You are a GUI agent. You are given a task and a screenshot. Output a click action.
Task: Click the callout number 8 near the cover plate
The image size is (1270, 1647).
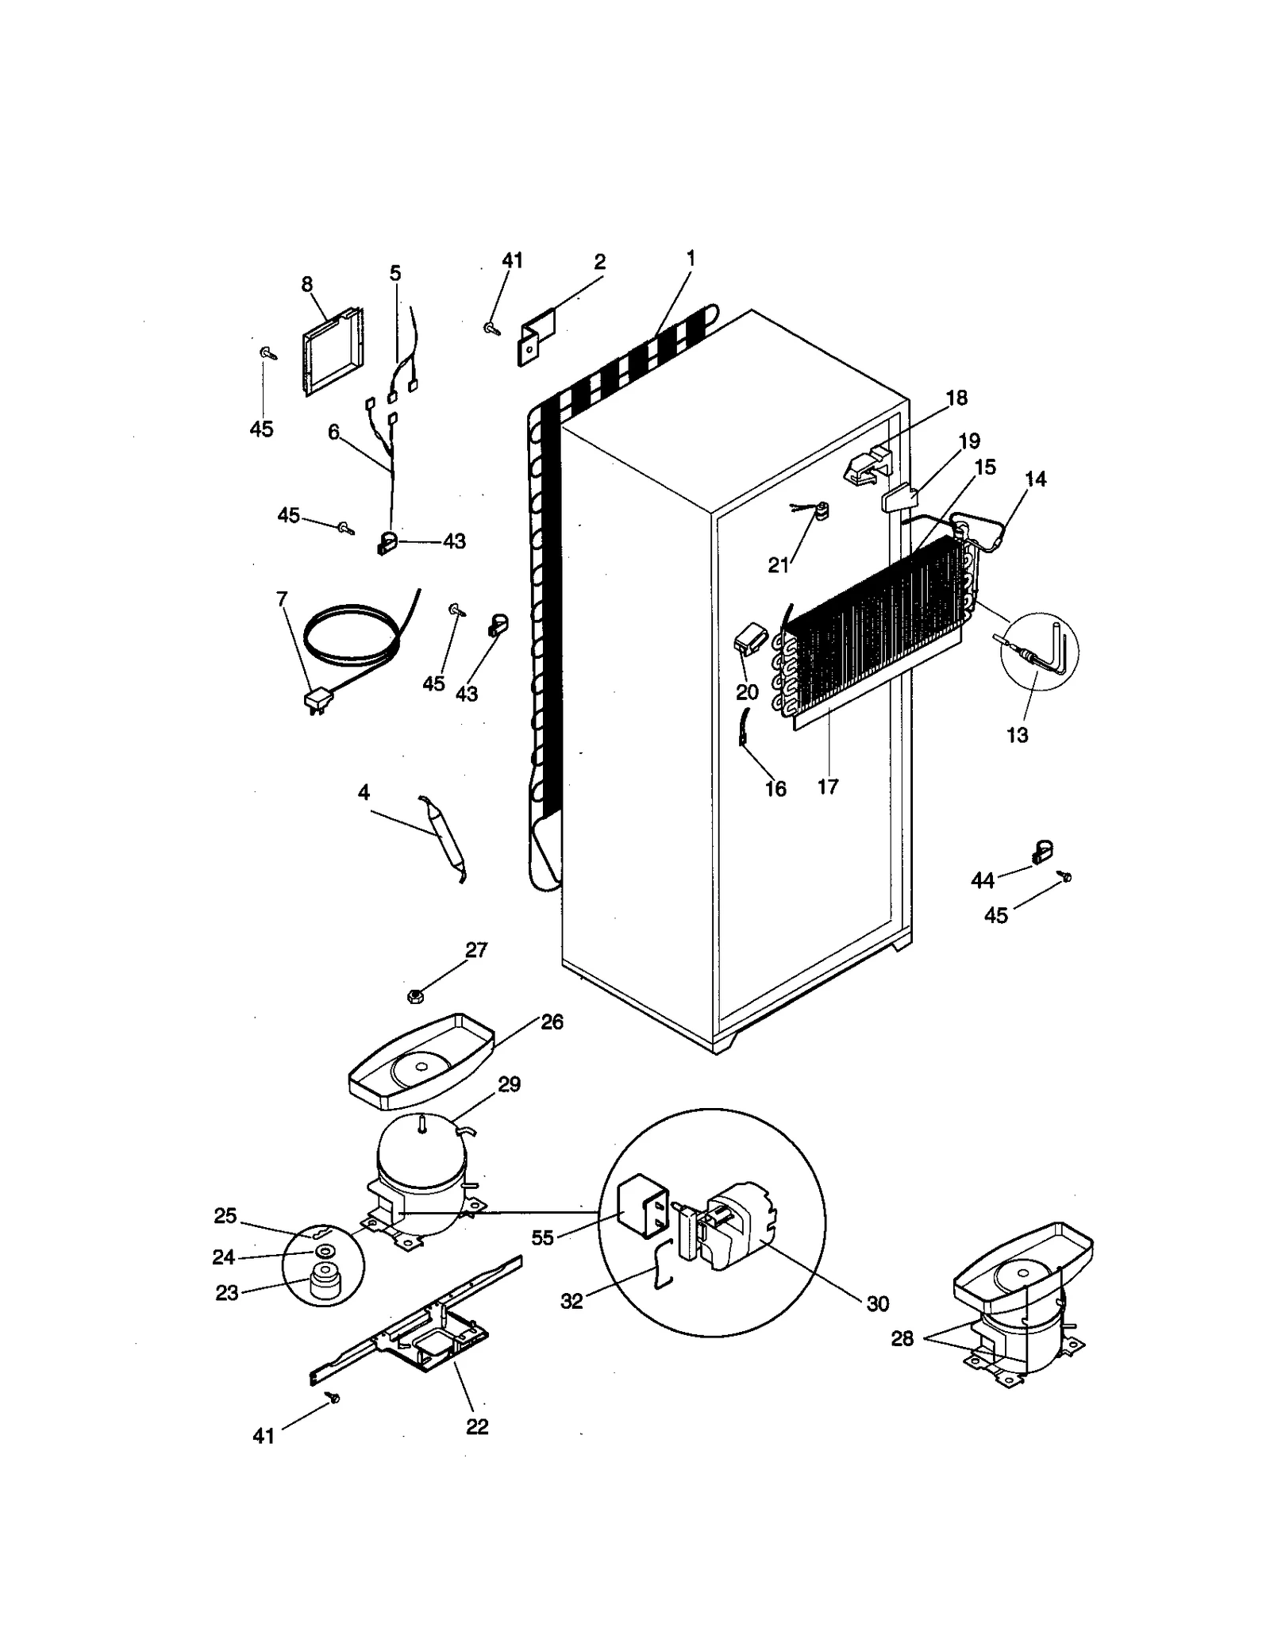click(x=307, y=284)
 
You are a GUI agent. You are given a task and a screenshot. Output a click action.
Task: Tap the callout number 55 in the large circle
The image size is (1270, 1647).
click(x=542, y=1238)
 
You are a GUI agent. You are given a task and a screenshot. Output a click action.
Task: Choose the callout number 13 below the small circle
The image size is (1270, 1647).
click(x=1017, y=735)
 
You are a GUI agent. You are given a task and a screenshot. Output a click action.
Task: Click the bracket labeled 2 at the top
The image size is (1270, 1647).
click(x=537, y=337)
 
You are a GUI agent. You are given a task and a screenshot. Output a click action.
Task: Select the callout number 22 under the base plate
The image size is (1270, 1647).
click(x=477, y=1426)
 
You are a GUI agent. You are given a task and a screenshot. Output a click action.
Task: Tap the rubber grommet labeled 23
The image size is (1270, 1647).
click(x=323, y=1287)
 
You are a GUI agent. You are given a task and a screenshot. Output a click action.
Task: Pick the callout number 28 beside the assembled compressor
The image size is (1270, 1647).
click(x=902, y=1338)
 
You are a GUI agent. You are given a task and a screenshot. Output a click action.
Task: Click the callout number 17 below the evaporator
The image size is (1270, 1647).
click(x=828, y=787)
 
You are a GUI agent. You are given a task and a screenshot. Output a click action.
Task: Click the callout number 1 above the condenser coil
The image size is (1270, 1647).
click(x=691, y=258)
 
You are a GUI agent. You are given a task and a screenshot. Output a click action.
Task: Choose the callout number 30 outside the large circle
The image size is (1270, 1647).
click(x=878, y=1303)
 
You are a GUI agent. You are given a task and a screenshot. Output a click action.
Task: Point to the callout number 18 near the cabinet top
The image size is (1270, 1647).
click(x=957, y=398)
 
